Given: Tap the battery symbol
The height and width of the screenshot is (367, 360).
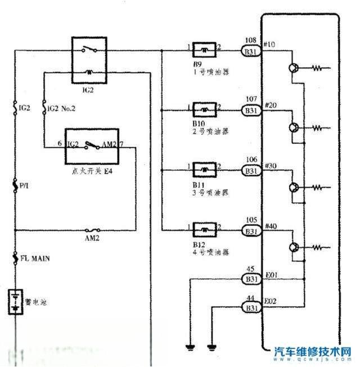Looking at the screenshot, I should pos(15,301).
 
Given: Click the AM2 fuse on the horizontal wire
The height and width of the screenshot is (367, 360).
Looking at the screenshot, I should pos(92,230).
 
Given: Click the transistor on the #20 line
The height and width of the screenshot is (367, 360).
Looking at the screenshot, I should pos(295,128).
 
